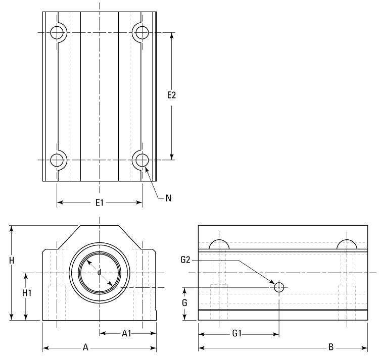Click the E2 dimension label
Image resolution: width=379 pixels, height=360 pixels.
172,95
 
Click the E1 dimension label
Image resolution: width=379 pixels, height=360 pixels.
100,202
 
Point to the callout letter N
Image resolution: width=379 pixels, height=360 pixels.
168,198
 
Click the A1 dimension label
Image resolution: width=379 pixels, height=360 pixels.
127,333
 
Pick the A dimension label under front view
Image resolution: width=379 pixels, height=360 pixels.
86,347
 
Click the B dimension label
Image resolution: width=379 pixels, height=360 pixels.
331,347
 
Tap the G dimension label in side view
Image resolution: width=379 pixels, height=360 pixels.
185,303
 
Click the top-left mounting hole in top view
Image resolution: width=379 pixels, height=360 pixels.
58,33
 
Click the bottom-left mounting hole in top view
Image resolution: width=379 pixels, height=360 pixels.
58,160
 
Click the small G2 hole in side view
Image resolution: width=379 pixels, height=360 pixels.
279,287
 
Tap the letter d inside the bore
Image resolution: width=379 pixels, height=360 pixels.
100,273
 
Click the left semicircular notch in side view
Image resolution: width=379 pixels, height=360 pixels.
219,244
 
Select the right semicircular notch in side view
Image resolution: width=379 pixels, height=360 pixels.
347,244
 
